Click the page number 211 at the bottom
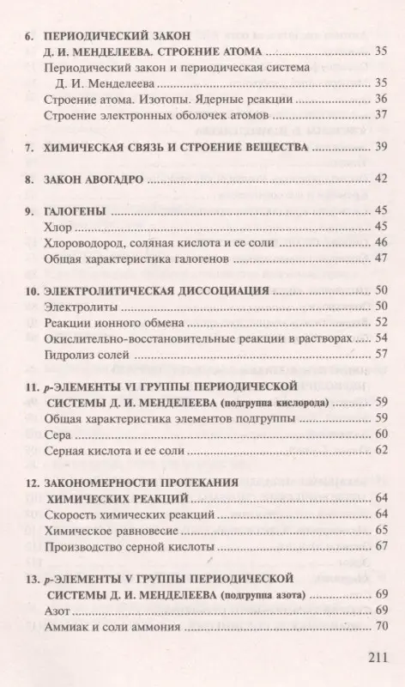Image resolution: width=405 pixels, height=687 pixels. click(376, 662)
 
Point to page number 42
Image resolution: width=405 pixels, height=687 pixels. click(384, 179)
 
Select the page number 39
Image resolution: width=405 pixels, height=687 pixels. click(384, 147)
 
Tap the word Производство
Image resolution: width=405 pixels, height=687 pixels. click(85, 546)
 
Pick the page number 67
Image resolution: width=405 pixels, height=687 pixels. click(384, 546)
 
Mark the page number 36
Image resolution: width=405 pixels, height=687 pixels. click(384, 100)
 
